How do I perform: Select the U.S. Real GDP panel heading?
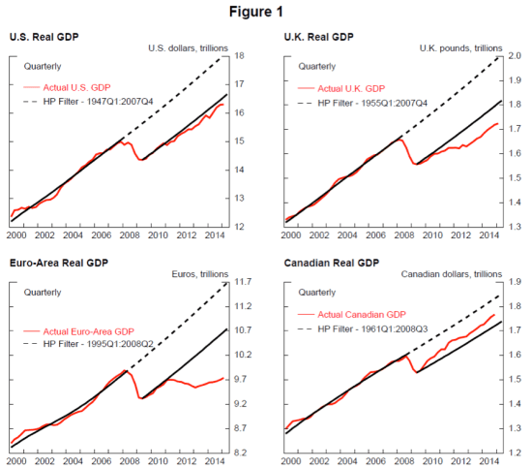[x=44, y=37]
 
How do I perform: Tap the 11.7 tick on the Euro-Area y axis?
[x=245, y=282]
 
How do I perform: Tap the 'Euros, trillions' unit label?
[x=198, y=273]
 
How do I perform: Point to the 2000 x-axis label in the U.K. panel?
[x=287, y=235]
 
